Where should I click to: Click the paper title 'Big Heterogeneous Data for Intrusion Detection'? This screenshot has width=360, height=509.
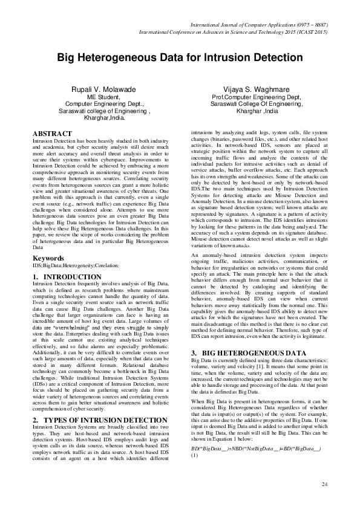180,59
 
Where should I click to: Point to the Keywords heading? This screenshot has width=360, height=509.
48,258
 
